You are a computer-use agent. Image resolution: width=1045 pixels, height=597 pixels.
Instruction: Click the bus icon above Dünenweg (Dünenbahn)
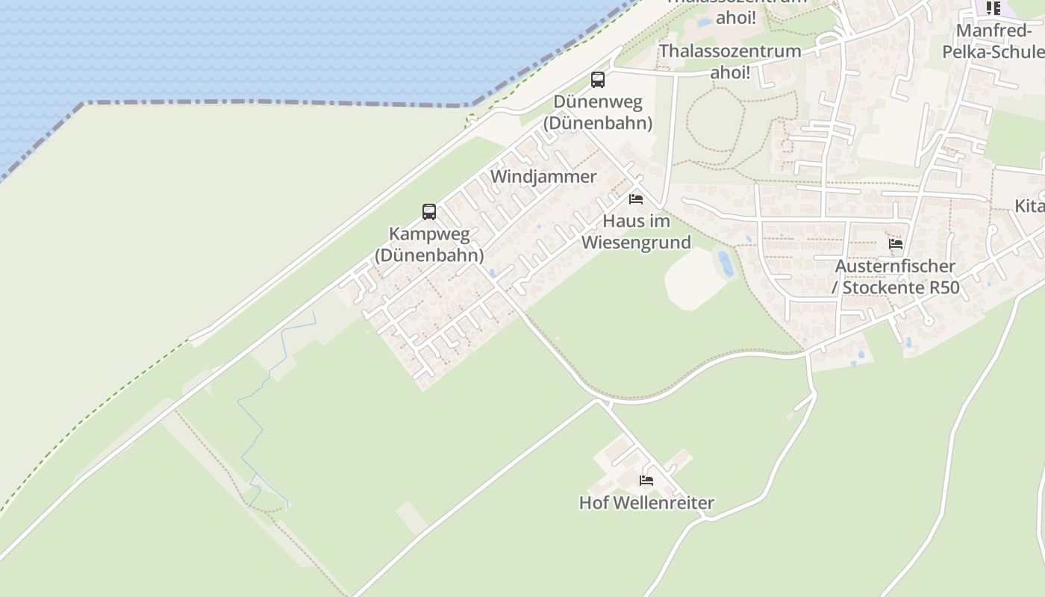(x=597, y=80)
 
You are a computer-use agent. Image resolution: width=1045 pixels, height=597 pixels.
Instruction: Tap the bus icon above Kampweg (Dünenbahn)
(x=428, y=212)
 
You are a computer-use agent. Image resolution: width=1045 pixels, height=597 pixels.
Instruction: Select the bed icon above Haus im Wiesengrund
(x=636, y=199)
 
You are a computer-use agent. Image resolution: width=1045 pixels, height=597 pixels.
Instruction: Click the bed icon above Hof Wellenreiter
(x=646, y=481)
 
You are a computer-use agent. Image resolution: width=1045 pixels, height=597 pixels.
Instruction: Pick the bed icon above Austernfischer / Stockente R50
(x=896, y=244)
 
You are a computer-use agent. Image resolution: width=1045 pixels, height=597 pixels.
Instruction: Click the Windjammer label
(x=543, y=177)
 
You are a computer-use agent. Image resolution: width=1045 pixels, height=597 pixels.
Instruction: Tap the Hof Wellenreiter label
(x=646, y=503)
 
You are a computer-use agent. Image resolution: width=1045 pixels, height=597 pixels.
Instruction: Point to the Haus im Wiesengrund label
(x=636, y=231)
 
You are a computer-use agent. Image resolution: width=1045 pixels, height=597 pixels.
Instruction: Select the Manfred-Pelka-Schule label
(x=993, y=41)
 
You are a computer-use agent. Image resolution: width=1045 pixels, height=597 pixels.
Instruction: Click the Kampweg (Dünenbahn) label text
(x=429, y=245)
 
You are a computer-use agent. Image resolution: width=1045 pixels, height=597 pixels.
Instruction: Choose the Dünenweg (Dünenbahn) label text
(x=597, y=112)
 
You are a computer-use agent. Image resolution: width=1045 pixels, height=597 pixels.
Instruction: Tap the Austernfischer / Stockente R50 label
(x=896, y=277)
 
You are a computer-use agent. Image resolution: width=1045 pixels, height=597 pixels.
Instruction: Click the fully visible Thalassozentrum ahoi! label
(x=730, y=61)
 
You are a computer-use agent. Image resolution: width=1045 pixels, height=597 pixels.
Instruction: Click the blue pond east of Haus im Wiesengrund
(x=725, y=264)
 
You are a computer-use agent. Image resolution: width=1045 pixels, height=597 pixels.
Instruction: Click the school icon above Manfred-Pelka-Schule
(x=993, y=8)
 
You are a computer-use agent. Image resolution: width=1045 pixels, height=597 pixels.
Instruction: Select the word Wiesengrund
(x=636, y=243)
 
